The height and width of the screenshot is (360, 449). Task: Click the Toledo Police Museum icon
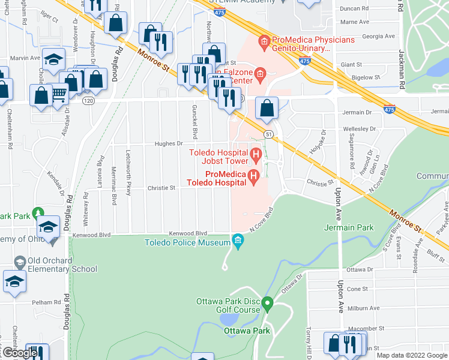[238, 242]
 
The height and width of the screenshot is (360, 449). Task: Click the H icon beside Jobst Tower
[256, 157]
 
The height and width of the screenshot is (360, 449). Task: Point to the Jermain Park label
[349, 227]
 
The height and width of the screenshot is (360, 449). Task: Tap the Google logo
[19, 353]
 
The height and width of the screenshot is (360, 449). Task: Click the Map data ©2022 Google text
[411, 355]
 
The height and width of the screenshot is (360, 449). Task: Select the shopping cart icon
[59, 94]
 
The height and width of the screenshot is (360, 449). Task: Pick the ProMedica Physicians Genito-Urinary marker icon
[263, 42]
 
